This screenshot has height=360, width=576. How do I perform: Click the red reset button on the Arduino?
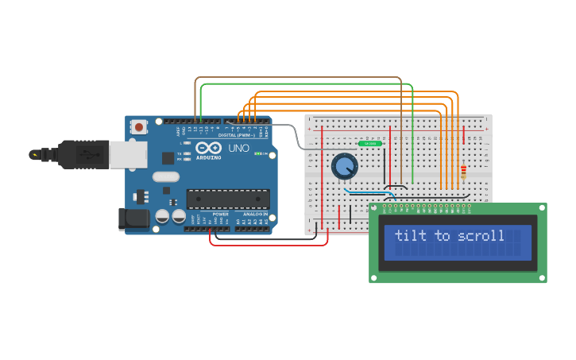(139, 126)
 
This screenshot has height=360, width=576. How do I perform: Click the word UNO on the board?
(239, 149)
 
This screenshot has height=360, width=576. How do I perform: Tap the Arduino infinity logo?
(209, 148)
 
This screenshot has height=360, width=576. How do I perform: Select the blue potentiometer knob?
(344, 166)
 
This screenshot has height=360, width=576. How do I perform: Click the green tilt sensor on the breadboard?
(369, 143)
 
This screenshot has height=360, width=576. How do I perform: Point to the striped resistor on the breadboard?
(463, 171)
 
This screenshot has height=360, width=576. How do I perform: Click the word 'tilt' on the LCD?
(410, 236)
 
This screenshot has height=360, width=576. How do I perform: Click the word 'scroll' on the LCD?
(479, 236)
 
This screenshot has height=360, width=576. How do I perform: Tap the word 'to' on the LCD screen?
(442, 236)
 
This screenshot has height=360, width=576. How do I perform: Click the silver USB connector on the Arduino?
(127, 154)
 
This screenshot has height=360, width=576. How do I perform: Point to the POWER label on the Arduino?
(220, 215)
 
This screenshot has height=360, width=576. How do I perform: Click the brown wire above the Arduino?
(298, 78)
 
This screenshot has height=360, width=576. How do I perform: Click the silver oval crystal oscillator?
(165, 176)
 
